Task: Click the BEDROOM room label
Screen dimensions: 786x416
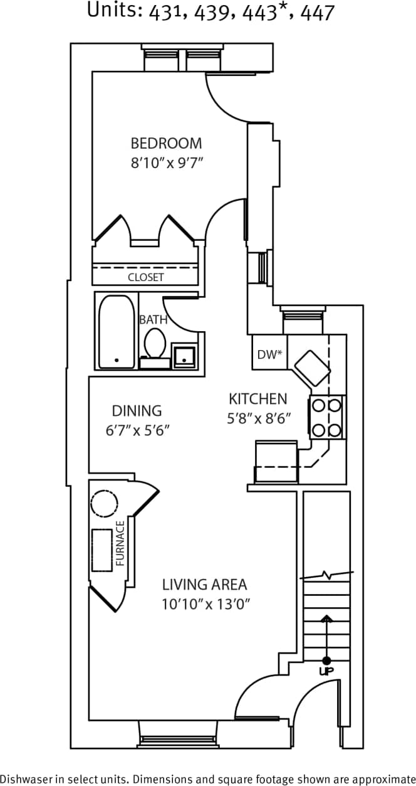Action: tap(166, 142)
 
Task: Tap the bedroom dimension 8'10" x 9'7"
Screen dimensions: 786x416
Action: tap(167, 163)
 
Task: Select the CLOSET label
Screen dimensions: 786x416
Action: tap(145, 277)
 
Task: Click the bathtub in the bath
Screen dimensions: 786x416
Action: tap(117, 331)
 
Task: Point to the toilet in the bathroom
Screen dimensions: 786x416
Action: tap(154, 343)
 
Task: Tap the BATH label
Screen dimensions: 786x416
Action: tap(153, 319)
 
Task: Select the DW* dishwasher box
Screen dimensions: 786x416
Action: tap(269, 354)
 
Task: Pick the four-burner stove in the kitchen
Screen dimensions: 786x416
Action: tap(327, 417)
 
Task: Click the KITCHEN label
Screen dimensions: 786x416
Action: tap(257, 398)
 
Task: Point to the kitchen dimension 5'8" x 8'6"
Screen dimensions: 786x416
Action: tap(260, 418)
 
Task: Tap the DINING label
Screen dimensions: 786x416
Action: tap(137, 411)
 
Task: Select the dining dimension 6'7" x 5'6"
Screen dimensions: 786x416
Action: tap(138, 430)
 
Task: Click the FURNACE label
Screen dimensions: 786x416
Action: tap(120, 543)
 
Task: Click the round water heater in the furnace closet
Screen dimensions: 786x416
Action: tap(104, 503)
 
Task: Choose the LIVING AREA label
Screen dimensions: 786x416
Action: tap(204, 585)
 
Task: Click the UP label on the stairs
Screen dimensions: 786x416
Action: tap(326, 671)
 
